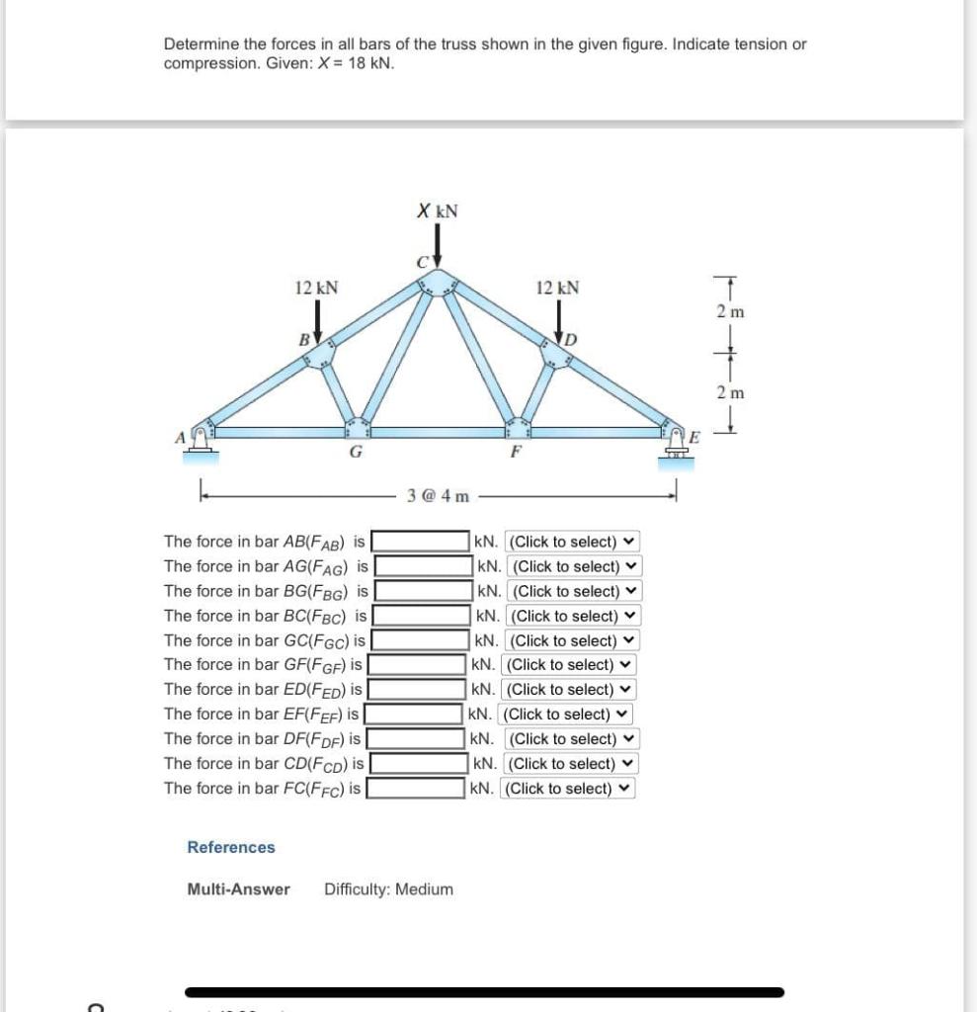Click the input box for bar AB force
pos(421,542)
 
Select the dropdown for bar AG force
pos(576,566)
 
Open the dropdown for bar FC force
pos(568,789)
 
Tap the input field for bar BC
pos(421,616)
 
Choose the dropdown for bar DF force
pos(572,739)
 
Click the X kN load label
pos(437,211)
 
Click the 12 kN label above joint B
pos(316,288)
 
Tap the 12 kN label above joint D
pos(557,288)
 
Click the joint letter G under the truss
pos(354,454)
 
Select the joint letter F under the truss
pos(514,455)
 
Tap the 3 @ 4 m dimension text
pos(438,495)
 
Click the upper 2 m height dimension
pos(730,311)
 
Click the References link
pos(231,847)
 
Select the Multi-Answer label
pos(238,888)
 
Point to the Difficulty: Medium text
pos(388,888)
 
